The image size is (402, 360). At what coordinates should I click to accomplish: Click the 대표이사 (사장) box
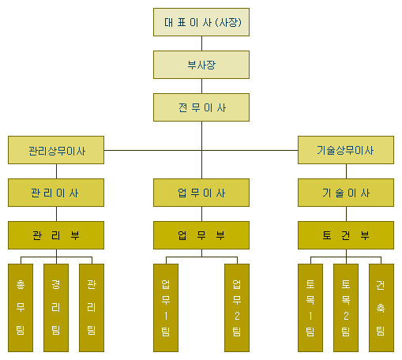[x=201, y=22]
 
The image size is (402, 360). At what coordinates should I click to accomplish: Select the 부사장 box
[x=201, y=65]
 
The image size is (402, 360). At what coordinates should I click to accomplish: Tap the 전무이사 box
[x=201, y=107]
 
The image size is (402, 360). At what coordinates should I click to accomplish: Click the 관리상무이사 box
[x=56, y=150]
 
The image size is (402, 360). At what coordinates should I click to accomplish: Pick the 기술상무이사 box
[x=346, y=150]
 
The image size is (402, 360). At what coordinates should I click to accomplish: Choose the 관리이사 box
[x=56, y=193]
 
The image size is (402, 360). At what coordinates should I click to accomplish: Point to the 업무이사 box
[x=201, y=193]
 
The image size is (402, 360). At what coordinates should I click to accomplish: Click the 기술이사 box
[x=346, y=193]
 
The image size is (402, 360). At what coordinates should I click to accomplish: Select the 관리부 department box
[x=56, y=235]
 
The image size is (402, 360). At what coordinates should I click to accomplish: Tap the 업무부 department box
[x=201, y=235]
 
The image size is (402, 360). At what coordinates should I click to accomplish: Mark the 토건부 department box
[x=346, y=235]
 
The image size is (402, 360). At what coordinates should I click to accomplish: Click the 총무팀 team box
[x=21, y=308]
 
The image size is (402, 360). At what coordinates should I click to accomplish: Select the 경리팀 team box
[x=56, y=308]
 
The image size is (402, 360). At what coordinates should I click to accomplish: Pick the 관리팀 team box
[x=92, y=308]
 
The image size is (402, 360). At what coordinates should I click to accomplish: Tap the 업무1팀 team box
[x=166, y=308]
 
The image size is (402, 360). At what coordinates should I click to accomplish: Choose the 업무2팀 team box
[x=237, y=308]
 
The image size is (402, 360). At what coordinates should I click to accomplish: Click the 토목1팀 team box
[x=310, y=308]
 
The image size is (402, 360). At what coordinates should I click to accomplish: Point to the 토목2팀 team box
[x=346, y=308]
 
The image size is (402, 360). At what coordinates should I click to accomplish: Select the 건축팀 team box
[x=381, y=308]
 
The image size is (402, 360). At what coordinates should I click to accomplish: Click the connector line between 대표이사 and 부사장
[x=201, y=43]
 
